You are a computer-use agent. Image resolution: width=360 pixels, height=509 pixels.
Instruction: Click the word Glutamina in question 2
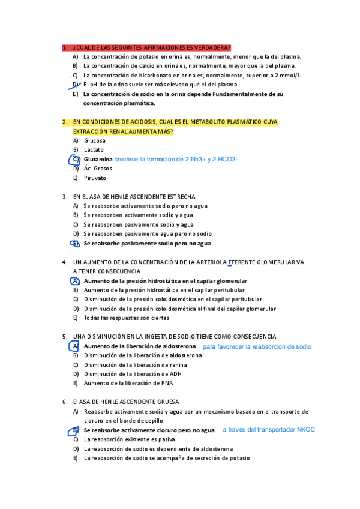pos(98,160)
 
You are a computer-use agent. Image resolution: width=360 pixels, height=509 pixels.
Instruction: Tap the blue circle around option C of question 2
pos(75,160)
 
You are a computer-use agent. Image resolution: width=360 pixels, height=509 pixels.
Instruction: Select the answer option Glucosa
pos(95,140)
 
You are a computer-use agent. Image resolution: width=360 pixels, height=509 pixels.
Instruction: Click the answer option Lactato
pos(94,149)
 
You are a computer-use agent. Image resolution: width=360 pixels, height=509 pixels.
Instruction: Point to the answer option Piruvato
pos(95,178)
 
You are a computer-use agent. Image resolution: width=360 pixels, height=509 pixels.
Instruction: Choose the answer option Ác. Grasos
pos(98,169)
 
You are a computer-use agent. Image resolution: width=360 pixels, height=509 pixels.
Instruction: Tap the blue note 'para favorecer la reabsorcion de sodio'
pos(257,346)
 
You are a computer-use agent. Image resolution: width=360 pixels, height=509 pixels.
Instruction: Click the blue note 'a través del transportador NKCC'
pos(268,429)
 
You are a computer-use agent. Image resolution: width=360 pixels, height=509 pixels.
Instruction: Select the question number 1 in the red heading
pos(64,47)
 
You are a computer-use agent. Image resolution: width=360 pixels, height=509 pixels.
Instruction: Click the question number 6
pos(64,402)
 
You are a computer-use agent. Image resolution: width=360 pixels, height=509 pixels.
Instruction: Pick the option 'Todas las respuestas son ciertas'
pos(127,318)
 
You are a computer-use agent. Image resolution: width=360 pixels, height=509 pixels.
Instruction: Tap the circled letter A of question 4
pos(75,281)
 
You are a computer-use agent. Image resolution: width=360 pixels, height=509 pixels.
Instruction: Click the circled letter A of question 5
pos(75,346)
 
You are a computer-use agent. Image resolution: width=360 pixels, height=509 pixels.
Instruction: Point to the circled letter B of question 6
pos(75,430)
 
